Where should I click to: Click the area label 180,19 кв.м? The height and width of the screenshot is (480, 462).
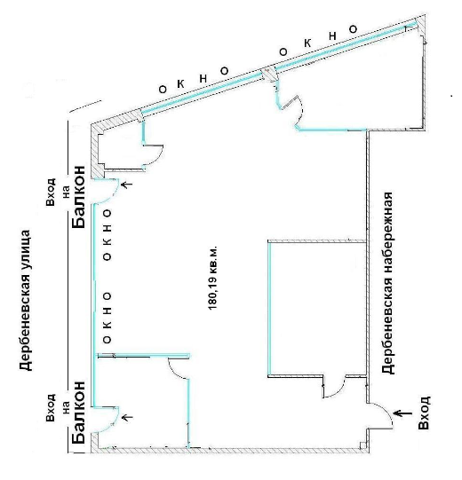pos(212,278)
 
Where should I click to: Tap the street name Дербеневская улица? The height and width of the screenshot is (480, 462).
pos(26,300)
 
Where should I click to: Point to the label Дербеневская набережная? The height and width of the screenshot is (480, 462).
pos(387,283)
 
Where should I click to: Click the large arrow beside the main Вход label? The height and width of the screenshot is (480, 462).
pos(402,413)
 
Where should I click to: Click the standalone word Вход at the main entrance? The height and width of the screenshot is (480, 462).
pos(425,413)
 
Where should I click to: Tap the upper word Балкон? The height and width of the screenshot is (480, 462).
pos(79,197)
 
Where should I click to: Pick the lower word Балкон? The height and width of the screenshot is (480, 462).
pos(79,412)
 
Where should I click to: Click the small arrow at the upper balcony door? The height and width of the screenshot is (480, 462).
pos(127,185)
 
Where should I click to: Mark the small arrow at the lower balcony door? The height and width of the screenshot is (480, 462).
pos(127,417)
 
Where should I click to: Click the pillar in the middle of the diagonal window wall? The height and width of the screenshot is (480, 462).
pos(269,75)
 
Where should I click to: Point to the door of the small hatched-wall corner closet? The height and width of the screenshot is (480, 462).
pos(155,155)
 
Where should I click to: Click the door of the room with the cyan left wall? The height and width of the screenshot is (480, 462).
pos(335,387)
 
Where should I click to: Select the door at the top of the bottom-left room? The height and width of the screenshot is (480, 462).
pos(178,368)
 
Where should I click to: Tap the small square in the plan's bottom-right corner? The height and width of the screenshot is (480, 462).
pos(363,445)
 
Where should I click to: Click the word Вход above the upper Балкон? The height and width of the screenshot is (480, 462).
pos(51,193)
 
